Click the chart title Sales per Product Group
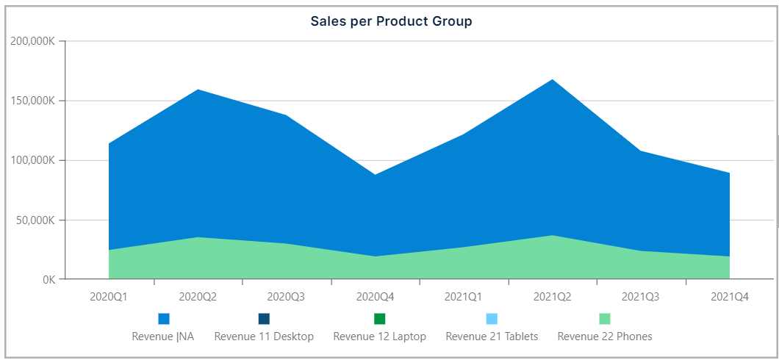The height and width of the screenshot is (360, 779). (391, 21)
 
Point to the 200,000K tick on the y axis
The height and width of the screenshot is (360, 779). (32, 41)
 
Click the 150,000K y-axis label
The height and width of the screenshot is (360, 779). (32, 101)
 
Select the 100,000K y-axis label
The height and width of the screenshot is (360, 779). (32, 160)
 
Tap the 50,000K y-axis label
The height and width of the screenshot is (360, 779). (35, 220)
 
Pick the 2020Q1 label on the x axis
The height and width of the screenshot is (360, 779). (109, 298)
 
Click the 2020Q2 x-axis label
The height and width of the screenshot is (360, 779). (198, 298)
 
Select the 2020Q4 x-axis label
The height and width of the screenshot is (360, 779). (375, 298)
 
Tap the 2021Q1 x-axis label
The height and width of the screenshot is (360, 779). (464, 298)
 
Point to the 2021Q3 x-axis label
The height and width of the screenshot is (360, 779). (641, 298)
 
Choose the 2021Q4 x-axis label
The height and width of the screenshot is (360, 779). (730, 298)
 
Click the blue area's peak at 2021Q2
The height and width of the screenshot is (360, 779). (552, 80)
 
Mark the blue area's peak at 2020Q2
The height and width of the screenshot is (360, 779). (198, 90)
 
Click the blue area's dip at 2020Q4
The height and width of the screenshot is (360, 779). (375, 175)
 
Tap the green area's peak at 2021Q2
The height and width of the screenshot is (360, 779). (552, 237)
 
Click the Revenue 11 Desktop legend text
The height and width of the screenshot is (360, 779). (264, 336)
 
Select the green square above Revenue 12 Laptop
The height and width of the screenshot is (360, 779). (379, 319)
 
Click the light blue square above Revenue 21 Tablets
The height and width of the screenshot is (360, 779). (492, 319)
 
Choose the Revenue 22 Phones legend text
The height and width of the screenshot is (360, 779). (605, 336)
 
